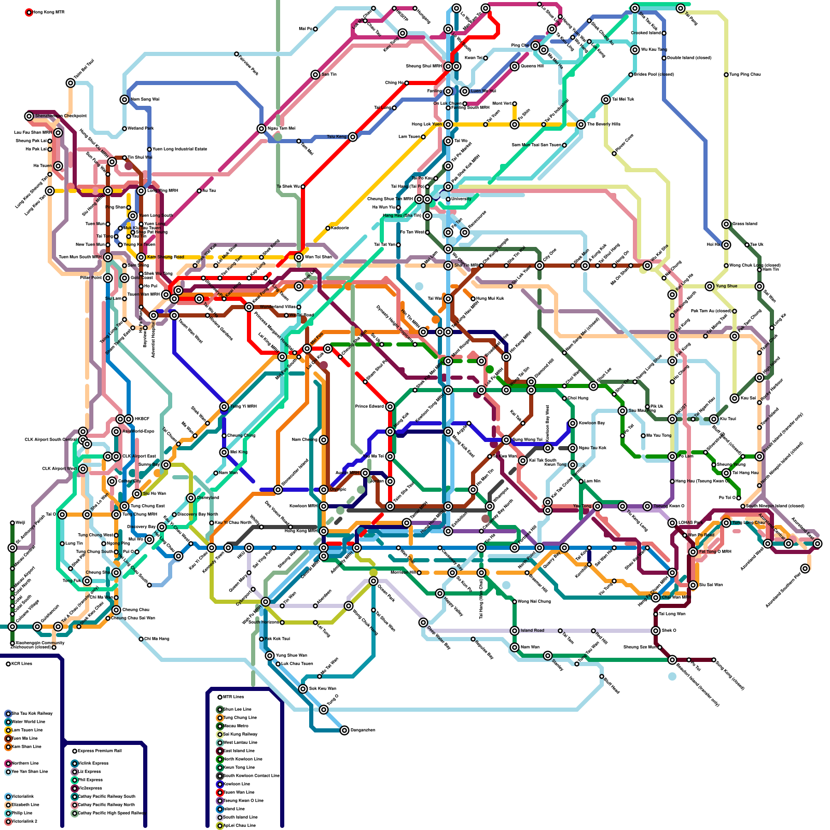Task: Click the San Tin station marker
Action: point(315,75)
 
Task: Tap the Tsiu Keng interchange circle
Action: point(353,137)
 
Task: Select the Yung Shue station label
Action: point(726,286)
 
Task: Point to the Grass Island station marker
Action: point(726,224)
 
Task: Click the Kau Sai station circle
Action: point(735,398)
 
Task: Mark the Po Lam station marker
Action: point(672,457)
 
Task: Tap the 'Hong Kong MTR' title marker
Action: point(29,12)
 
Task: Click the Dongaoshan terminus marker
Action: point(344,730)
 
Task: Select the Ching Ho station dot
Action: point(407,83)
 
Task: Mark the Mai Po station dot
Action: point(315,29)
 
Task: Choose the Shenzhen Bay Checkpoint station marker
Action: point(29,116)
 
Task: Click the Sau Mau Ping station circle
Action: point(622,411)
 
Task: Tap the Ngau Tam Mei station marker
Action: point(261,129)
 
